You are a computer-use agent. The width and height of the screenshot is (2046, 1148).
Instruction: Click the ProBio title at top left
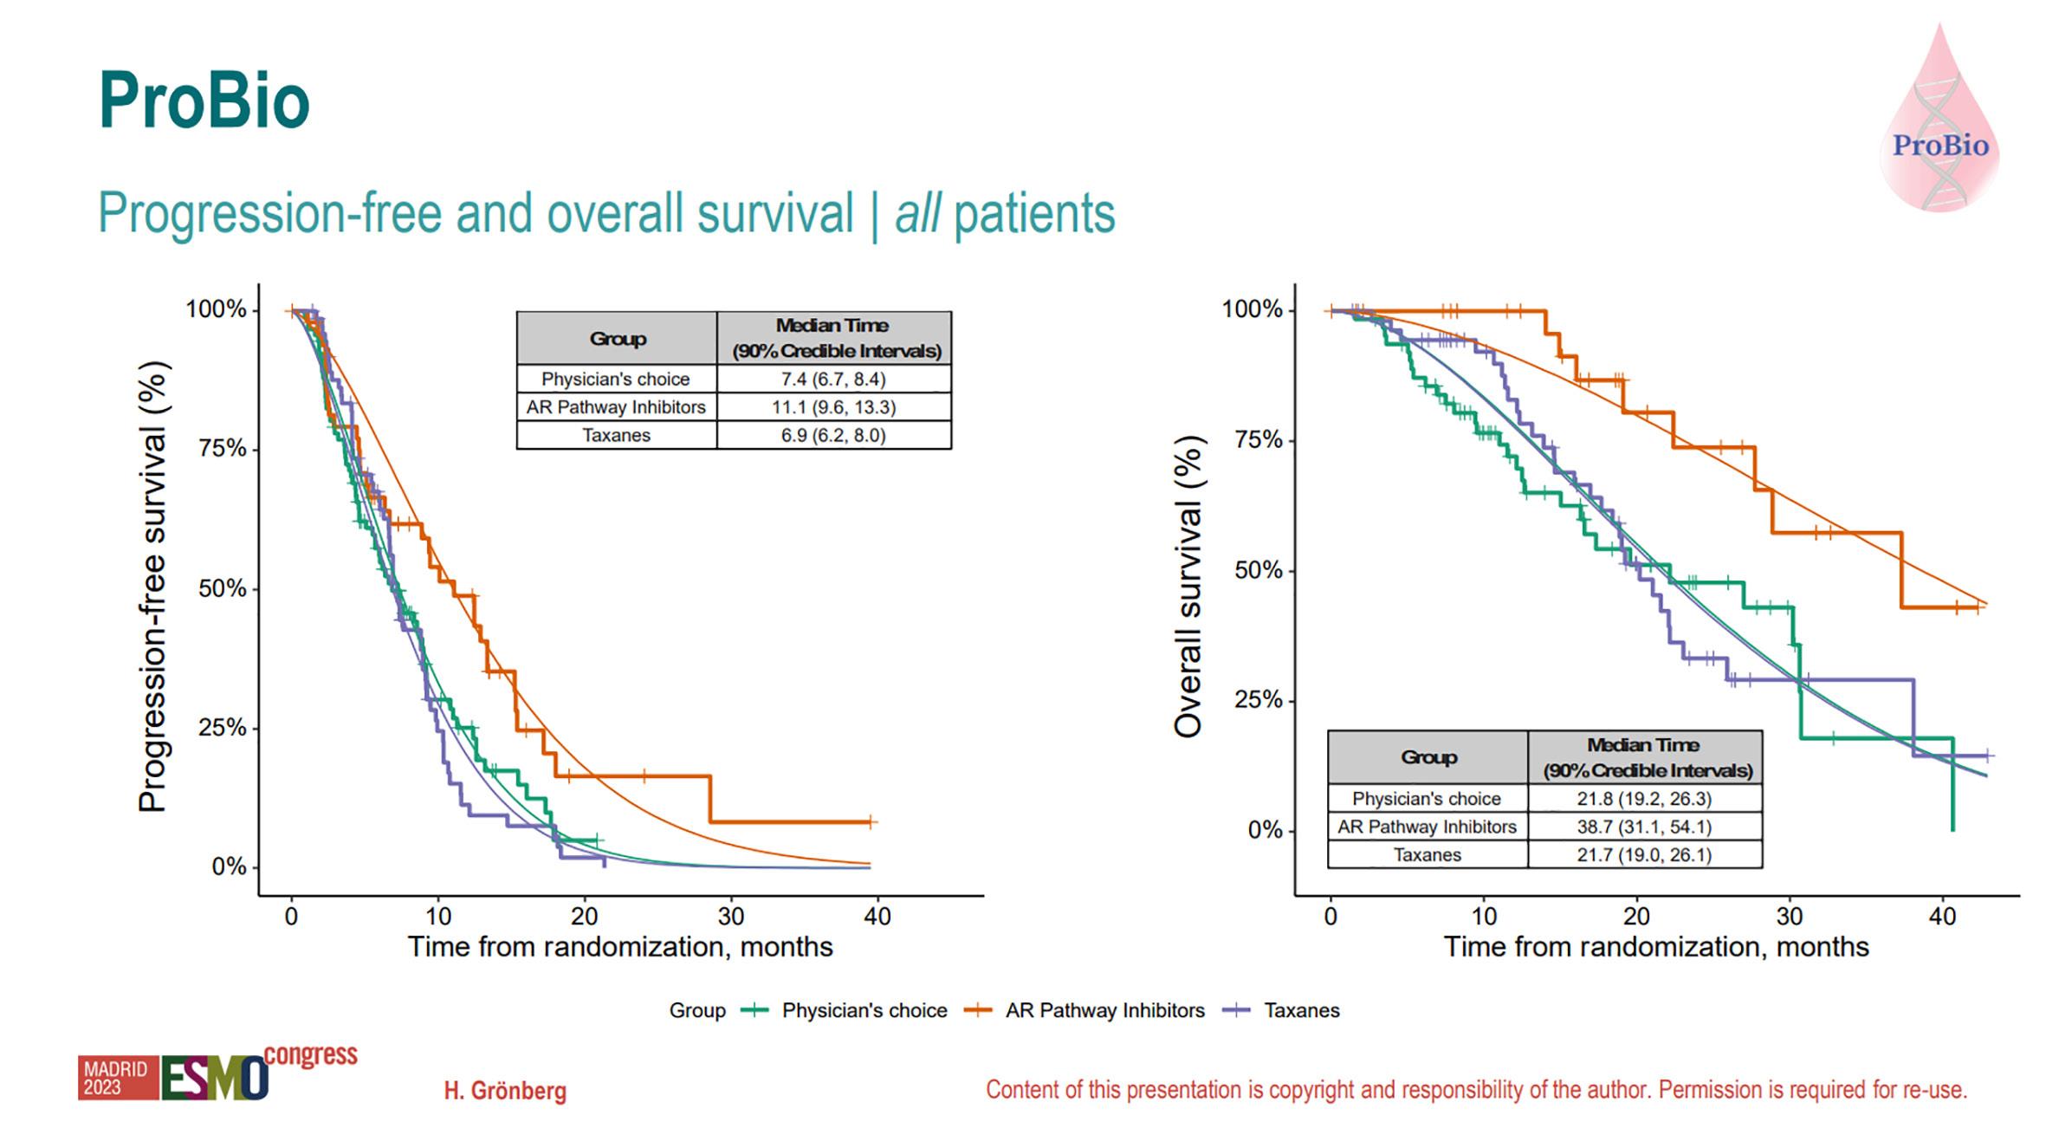204,102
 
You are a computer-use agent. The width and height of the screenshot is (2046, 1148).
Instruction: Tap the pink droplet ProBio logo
1939,121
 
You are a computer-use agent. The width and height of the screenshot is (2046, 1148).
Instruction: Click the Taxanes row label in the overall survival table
1427,855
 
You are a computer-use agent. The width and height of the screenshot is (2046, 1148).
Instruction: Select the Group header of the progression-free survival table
617,339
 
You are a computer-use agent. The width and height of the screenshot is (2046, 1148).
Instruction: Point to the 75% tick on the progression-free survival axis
223,449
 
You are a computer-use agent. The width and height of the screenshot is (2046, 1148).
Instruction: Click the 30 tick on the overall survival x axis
1790,917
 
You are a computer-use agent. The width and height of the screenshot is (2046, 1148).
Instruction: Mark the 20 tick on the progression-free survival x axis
585,917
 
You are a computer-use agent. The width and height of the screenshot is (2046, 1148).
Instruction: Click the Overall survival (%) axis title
1188,587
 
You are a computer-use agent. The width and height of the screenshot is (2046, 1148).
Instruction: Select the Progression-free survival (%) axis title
152,587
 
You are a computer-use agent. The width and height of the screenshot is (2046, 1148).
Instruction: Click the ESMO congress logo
217,1075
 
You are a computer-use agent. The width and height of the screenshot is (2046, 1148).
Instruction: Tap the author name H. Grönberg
505,1090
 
